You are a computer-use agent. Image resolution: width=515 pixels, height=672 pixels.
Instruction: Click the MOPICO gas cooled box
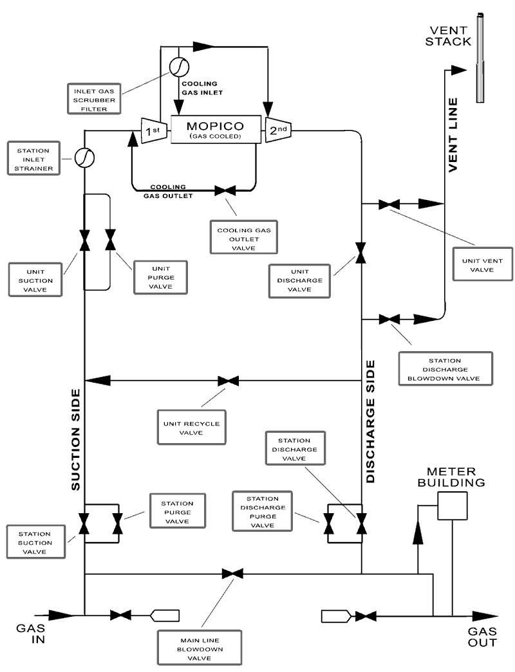pyautogui.click(x=214, y=130)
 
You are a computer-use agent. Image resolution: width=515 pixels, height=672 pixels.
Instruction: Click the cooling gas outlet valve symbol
pyautogui.click(x=225, y=190)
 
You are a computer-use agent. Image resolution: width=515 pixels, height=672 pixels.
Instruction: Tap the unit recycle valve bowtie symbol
pyautogui.click(x=229, y=381)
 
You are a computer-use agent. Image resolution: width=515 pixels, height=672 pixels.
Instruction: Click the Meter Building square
pyautogui.click(x=451, y=505)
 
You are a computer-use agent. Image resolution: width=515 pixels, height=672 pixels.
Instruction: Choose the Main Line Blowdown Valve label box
pyautogui.click(x=200, y=648)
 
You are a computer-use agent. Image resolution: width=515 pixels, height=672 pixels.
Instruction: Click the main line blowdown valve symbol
pyautogui.click(x=232, y=573)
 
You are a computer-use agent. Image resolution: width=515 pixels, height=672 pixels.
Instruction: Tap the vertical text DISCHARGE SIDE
pyautogui.click(x=371, y=421)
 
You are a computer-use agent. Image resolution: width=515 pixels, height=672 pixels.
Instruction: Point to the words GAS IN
pyautogui.click(x=31, y=633)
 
